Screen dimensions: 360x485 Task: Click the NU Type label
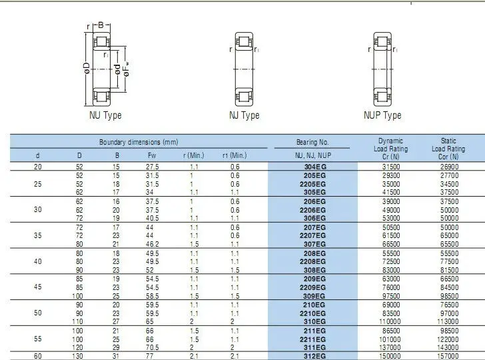tap(105, 115)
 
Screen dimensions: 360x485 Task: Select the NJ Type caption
tap(244, 115)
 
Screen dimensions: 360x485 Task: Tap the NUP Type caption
tap(382, 115)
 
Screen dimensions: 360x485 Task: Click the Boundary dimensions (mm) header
tap(139, 142)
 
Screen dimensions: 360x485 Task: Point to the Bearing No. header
tap(312, 142)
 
